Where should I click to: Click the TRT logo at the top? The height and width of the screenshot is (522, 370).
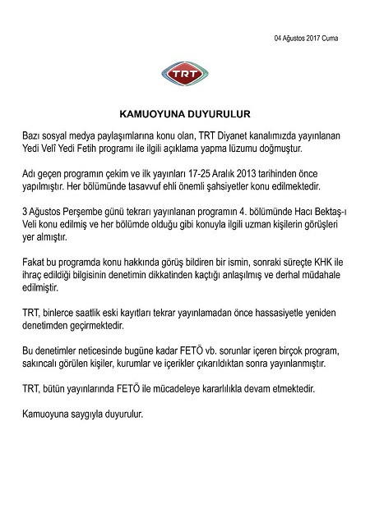185,75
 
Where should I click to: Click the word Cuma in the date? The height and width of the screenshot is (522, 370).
329,39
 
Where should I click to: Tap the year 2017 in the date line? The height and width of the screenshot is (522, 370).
308,39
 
